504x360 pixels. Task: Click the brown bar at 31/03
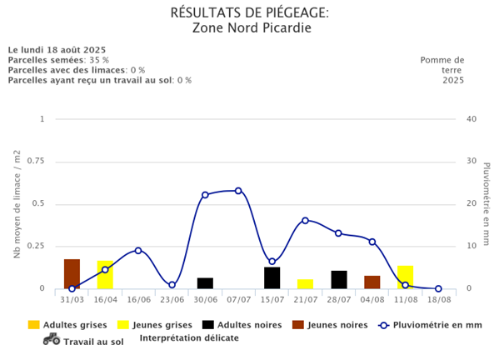coord(72,274)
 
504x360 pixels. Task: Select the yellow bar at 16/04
coord(105,275)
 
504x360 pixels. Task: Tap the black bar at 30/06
coord(205,283)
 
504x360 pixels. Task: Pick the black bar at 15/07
coord(272,278)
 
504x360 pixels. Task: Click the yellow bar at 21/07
coord(305,284)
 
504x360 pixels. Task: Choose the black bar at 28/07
coord(338,280)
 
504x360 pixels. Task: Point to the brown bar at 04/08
coord(372,282)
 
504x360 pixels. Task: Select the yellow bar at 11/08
coord(405,275)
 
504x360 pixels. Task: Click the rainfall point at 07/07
coord(238,191)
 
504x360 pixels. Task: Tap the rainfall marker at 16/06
coord(138,251)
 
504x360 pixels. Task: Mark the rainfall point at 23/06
coord(172,285)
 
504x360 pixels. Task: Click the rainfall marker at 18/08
coord(438,289)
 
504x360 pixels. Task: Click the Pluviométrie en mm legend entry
coord(429,325)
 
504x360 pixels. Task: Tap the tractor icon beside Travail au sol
coord(52,338)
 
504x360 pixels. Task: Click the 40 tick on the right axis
coord(472,119)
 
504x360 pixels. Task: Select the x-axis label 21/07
coord(305,299)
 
